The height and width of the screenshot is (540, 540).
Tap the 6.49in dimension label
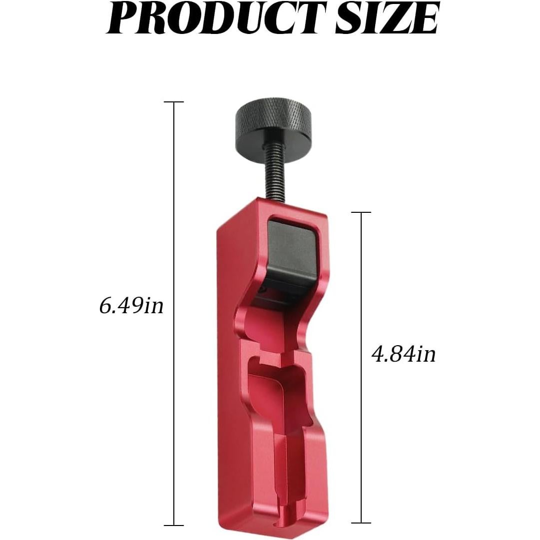[131, 305]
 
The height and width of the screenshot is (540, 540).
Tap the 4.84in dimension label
[404, 354]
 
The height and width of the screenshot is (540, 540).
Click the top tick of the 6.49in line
[174, 102]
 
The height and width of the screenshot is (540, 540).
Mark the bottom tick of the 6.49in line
[174, 525]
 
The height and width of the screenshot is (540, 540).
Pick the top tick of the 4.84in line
[361, 212]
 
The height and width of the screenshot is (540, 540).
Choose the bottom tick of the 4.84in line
[361, 523]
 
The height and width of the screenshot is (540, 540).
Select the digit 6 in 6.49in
[105, 306]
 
